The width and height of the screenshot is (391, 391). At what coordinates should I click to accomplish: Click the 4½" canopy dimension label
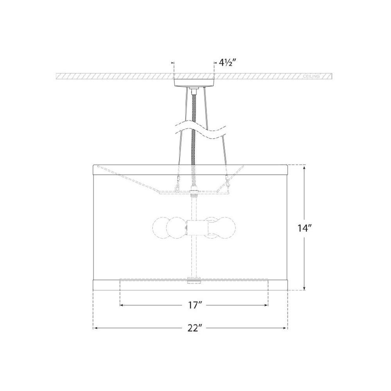tap(226, 63)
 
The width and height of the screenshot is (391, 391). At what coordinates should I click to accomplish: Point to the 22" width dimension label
tap(194, 328)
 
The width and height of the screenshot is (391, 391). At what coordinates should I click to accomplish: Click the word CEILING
tap(311, 76)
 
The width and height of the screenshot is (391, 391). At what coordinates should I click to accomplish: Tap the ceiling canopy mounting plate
tap(194, 82)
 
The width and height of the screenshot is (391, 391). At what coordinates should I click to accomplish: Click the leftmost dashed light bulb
tap(160, 228)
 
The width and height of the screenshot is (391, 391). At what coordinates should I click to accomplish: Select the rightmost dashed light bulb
tap(228, 228)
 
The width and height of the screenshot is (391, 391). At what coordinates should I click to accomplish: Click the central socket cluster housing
tap(197, 228)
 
